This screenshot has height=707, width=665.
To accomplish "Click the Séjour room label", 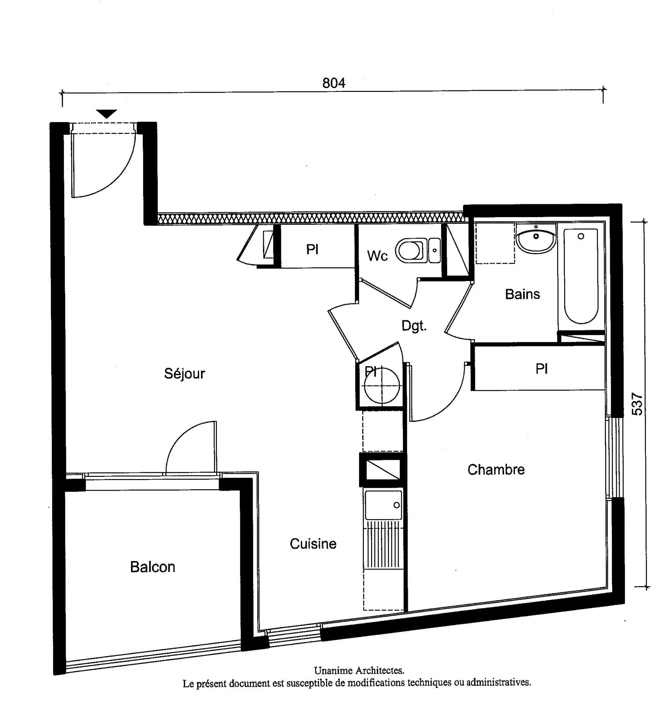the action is tap(184, 374).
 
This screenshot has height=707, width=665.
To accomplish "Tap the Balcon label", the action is tap(153, 567).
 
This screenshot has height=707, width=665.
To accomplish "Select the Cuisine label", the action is tap(313, 544).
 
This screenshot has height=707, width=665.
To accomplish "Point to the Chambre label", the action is tap(496, 470).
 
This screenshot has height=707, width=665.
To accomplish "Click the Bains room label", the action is tap(522, 294).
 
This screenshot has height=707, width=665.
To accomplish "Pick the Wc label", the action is tap(377, 256).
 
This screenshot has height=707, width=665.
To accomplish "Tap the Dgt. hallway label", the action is tap(414, 326).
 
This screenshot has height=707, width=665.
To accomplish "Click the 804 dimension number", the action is tap(334, 83).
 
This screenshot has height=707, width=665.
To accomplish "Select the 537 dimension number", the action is tap(637, 404).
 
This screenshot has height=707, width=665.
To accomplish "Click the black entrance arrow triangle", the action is tap(106, 113).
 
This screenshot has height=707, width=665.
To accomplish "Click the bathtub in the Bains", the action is tap(581, 276).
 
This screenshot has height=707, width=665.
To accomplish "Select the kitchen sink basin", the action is tap(383, 505).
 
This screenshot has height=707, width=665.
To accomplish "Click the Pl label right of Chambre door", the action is tap(541, 369).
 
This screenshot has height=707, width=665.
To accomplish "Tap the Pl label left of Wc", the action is tap(312, 249).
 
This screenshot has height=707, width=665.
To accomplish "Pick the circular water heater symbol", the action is tap(382, 386).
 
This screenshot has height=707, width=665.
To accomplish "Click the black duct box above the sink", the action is tap(382, 469).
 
